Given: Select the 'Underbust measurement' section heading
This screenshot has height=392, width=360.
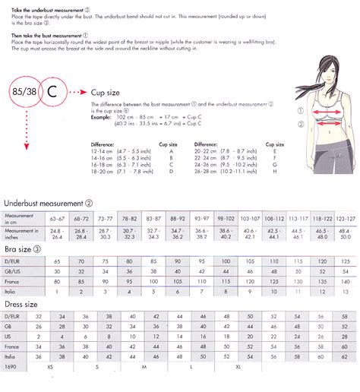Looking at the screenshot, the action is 47,203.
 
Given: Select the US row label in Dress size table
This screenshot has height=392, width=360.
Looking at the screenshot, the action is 8,336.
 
